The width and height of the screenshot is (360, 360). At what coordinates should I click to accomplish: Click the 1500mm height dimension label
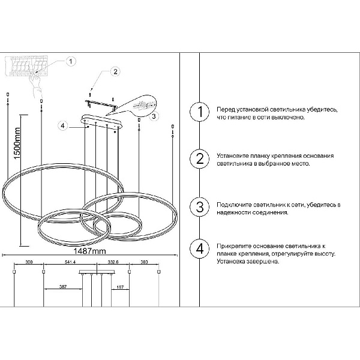17,143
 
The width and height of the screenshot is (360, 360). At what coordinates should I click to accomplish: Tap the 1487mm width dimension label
89,251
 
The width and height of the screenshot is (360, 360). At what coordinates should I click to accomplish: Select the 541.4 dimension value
70,262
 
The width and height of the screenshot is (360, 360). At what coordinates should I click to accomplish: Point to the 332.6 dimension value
113,262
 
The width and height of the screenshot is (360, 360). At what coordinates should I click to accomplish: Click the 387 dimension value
62,287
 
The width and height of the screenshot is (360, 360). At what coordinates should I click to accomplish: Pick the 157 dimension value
120,287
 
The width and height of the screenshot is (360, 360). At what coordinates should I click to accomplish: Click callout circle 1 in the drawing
71,61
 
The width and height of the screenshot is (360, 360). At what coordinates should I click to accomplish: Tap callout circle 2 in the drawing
115,71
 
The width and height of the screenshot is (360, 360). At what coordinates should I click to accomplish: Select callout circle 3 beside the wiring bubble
154,116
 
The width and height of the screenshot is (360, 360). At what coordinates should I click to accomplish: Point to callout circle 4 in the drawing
63,126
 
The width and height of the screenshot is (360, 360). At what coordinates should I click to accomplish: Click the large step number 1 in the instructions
200,112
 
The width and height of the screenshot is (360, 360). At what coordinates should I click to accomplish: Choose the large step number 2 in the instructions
200,158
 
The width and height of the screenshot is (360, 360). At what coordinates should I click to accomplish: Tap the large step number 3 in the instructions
200,206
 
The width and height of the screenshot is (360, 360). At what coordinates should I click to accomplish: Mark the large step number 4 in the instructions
200,248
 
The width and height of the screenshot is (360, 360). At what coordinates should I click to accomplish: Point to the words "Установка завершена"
248,262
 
